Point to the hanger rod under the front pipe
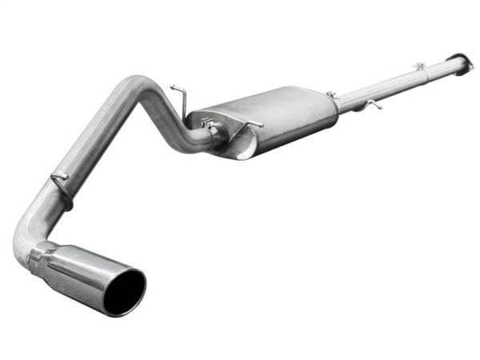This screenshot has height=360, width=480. tap(370, 104)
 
